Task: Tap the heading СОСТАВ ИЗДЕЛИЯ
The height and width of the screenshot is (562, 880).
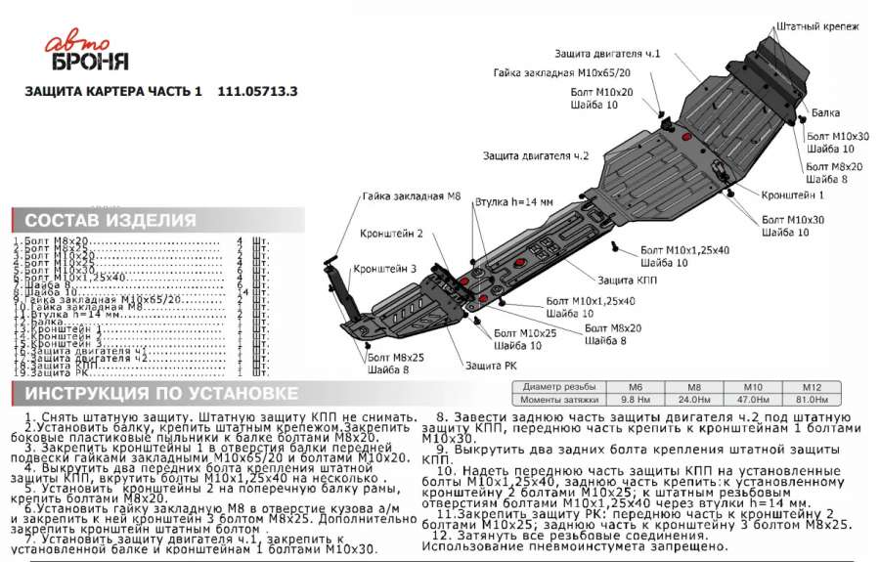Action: (110, 220)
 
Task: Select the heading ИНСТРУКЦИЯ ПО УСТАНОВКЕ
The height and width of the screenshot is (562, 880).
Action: (161, 393)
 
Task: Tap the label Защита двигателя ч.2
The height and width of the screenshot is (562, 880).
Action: (536, 155)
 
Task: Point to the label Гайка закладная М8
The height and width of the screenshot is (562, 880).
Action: (411, 196)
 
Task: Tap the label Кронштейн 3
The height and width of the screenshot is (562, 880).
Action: (384, 267)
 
